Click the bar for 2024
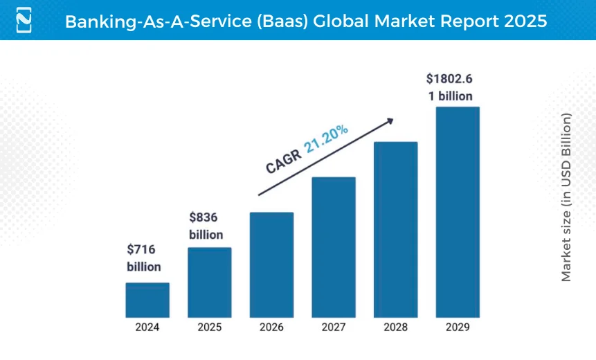coord(147,299)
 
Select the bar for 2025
coord(209,282)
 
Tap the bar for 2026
coord(271,264)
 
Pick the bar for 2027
coord(333,246)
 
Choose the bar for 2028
coord(395,229)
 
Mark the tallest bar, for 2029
coord(457,211)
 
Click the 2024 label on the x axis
coord(147,327)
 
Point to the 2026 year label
coord(271,327)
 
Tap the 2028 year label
coord(395,327)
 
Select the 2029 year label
coord(457,327)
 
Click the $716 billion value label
coord(143,258)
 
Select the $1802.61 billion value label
coord(450,87)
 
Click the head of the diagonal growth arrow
coord(390,120)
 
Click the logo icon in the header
coord(24,20)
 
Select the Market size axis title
coord(566,197)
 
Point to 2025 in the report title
coord(523,21)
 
